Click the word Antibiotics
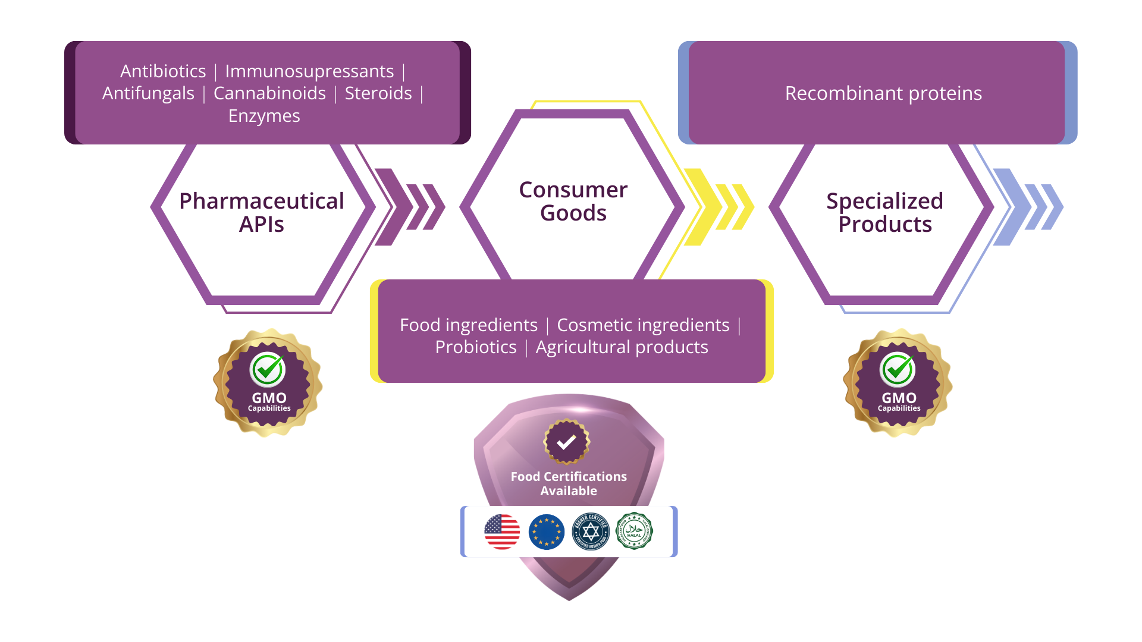tap(163, 71)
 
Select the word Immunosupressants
tap(309, 71)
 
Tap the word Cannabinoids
tap(269, 93)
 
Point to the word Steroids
tap(378, 93)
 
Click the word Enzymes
tap(264, 116)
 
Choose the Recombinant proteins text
tap(883, 93)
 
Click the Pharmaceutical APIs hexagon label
tap(262, 213)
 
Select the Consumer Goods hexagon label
tap(573, 202)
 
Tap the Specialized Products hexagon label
tap(884, 213)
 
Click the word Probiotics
tap(476, 347)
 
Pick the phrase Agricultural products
tap(622, 347)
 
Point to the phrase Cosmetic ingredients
tap(643, 325)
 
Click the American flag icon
tap(502, 531)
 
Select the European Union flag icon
tap(546, 531)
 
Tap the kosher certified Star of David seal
tap(591, 531)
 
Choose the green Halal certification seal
tap(634, 531)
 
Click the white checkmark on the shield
tap(566, 442)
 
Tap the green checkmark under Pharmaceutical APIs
tap(268, 369)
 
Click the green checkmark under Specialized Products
tap(898, 369)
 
